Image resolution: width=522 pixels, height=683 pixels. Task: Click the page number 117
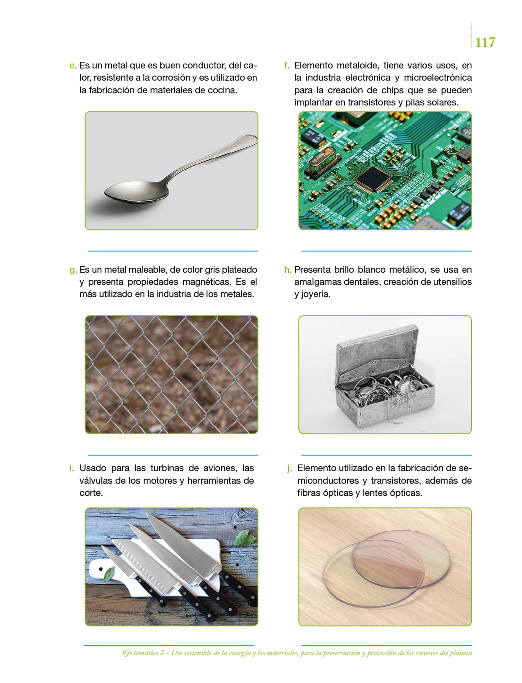485,43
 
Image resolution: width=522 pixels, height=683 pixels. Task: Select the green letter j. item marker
289,469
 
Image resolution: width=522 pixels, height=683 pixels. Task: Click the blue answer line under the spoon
173,251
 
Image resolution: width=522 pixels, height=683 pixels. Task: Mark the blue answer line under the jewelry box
386,455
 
